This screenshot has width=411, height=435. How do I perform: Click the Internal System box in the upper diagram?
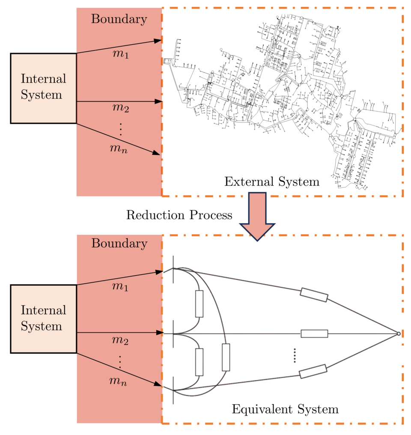pyautogui.click(x=43, y=88)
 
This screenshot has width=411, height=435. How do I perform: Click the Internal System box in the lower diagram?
pyautogui.click(x=43, y=319)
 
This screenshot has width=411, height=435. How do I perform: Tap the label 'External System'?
pyautogui.click(x=272, y=182)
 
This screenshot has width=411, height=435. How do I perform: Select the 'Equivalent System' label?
pyautogui.click(x=285, y=409)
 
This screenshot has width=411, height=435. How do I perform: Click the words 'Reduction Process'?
pyautogui.click(x=179, y=215)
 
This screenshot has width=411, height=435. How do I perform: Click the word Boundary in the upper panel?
pyautogui.click(x=119, y=19)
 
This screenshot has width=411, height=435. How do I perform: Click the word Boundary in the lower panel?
pyautogui.click(x=119, y=243)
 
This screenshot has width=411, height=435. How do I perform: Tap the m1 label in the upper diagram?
pyautogui.click(x=120, y=55)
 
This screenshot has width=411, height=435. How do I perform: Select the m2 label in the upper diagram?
pyautogui.click(x=120, y=108)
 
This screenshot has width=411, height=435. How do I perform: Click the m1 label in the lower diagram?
pyautogui.click(x=120, y=287)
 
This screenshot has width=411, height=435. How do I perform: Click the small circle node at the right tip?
pyautogui.click(x=398, y=334)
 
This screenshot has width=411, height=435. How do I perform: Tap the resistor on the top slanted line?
pyautogui.click(x=314, y=295)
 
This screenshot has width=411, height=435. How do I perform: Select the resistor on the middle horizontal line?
pyautogui.click(x=314, y=334)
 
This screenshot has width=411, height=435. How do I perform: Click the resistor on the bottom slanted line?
pyautogui.click(x=313, y=371)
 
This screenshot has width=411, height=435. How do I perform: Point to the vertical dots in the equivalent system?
pyautogui.click(x=295, y=355)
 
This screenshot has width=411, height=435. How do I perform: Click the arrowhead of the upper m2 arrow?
pyautogui.click(x=159, y=102)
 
